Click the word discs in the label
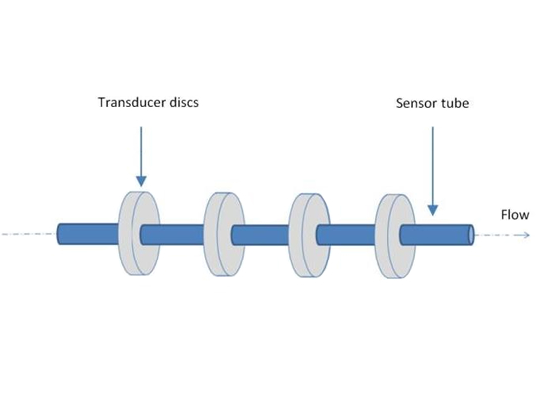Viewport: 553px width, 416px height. (x=184, y=102)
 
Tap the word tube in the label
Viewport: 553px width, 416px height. (x=455, y=103)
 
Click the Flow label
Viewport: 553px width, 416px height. (x=515, y=215)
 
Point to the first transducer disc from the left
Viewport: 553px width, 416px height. (x=139, y=234)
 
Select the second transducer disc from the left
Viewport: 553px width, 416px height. (x=224, y=235)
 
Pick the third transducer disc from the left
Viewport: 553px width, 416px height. (x=309, y=236)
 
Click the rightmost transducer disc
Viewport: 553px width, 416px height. (x=395, y=236)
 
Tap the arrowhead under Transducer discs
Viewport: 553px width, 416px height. (x=141, y=181)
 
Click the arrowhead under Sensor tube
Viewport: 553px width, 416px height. (x=433, y=210)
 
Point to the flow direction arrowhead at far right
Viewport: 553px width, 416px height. (x=526, y=235)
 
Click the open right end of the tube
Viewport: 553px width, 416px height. (x=471, y=235)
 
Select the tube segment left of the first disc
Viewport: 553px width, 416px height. (x=88, y=234)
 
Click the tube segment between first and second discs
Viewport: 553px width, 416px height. (x=172, y=235)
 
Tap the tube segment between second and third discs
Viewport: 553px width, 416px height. (x=261, y=235)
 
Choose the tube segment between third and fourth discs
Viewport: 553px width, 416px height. (x=346, y=235)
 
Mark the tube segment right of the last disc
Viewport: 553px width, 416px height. (x=437, y=235)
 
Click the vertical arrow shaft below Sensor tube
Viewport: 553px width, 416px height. (x=433, y=165)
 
